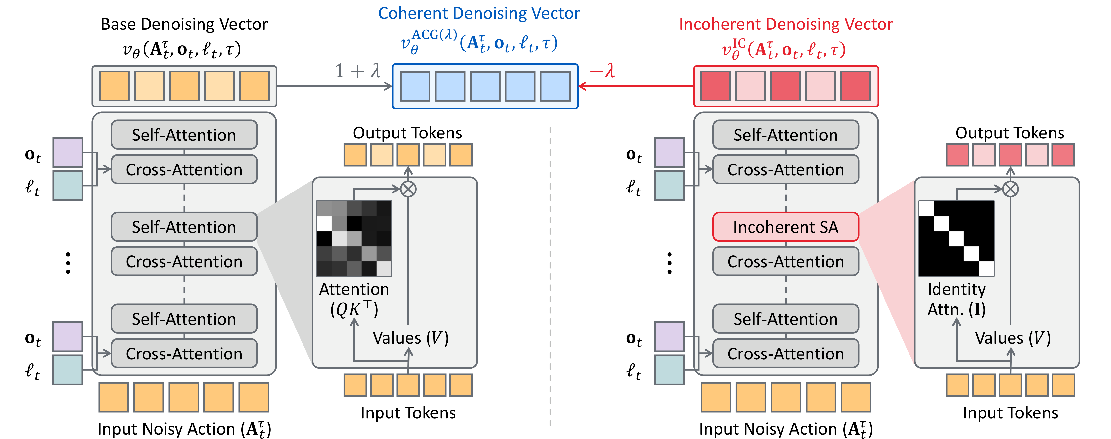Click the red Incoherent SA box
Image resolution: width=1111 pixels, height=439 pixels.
[x=785, y=227]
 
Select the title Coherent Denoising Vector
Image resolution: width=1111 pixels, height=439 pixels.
[x=479, y=13]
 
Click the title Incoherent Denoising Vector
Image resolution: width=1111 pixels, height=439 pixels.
[x=785, y=24]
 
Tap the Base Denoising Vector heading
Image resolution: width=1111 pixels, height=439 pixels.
[x=184, y=24]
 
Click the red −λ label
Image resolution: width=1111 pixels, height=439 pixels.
[x=603, y=70]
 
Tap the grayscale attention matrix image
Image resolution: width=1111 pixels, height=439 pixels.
[x=354, y=238]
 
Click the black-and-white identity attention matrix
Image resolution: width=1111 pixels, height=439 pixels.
[x=956, y=238]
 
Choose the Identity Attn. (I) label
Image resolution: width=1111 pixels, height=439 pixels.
[x=956, y=299]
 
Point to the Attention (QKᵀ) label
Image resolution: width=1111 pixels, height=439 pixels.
[x=354, y=299]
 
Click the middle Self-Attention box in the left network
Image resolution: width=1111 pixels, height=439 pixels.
[x=184, y=227]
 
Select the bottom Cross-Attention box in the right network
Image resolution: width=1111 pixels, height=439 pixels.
[x=785, y=354]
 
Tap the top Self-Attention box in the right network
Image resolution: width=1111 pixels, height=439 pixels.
[x=785, y=135]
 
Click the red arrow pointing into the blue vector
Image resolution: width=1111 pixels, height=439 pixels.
[x=634, y=86]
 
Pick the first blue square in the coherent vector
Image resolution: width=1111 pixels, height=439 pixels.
[x=415, y=86]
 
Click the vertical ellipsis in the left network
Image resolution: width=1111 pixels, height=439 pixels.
[x=68, y=263]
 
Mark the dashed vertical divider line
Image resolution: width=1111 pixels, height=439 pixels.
[x=550, y=276]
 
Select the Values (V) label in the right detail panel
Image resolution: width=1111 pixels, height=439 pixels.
[x=1013, y=338]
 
